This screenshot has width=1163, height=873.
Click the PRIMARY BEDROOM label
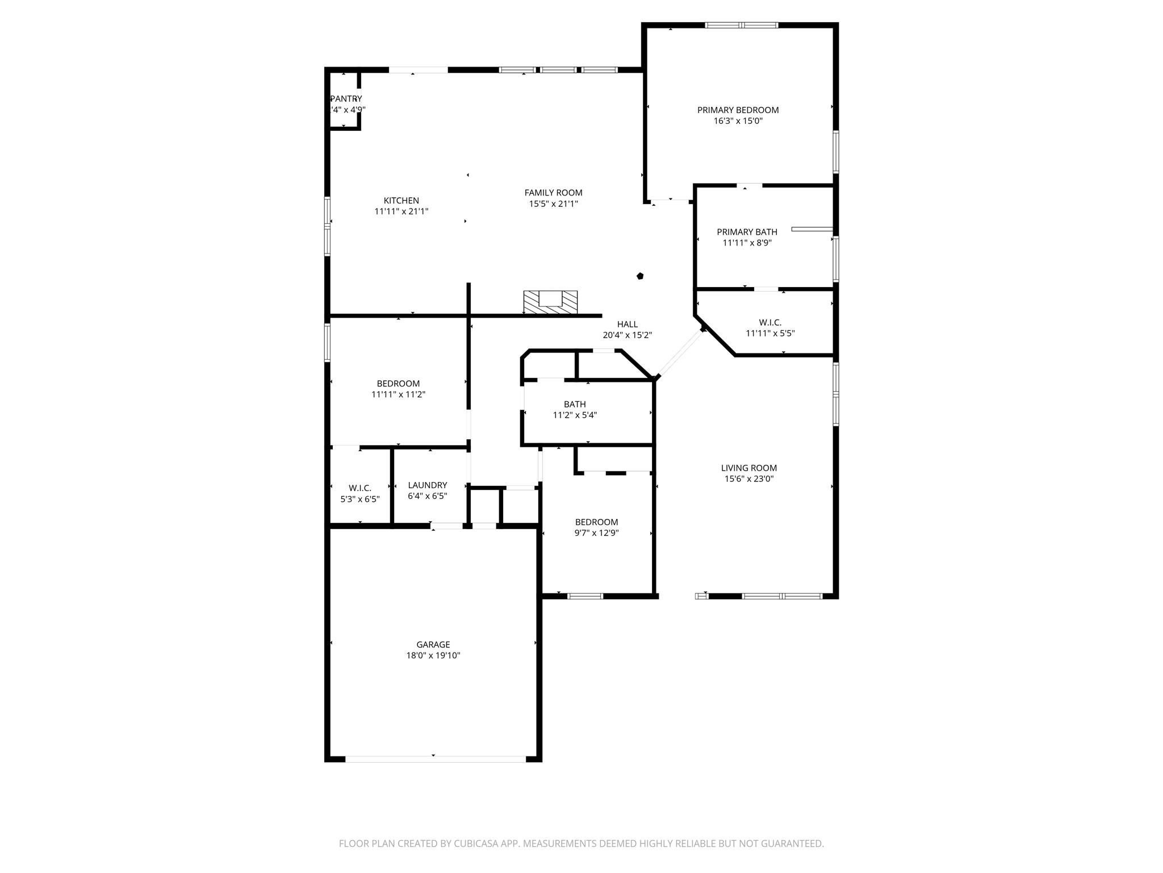pyautogui.click(x=738, y=110)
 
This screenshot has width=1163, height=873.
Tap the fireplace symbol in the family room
pyautogui.click(x=550, y=302)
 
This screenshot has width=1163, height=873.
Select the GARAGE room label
pyautogui.click(x=433, y=645)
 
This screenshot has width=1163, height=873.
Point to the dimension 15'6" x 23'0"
pyautogui.click(x=748, y=479)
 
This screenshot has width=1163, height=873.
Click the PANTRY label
pyautogui.click(x=346, y=99)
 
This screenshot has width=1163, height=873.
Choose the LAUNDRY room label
pyautogui.click(x=427, y=485)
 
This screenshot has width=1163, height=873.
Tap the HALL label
pyautogui.click(x=627, y=324)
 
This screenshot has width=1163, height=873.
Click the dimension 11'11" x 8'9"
pyautogui.click(x=747, y=243)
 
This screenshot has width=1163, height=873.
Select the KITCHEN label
pyautogui.click(x=401, y=201)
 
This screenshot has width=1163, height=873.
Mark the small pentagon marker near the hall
pyautogui.click(x=640, y=276)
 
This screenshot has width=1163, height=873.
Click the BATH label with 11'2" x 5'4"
pyautogui.click(x=575, y=404)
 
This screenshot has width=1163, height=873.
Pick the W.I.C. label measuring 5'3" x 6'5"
pyautogui.click(x=359, y=488)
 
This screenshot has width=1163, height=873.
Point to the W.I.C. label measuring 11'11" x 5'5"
pyautogui.click(x=770, y=322)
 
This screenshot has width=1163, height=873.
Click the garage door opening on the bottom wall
pyautogui.click(x=435, y=759)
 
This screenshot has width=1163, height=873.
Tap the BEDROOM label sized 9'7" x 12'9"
pyautogui.click(x=596, y=522)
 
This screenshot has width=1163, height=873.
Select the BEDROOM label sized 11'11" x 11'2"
pyautogui.click(x=398, y=384)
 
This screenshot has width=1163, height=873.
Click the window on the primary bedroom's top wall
pyautogui.click(x=741, y=25)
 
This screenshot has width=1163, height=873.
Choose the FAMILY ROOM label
pyautogui.click(x=553, y=193)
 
